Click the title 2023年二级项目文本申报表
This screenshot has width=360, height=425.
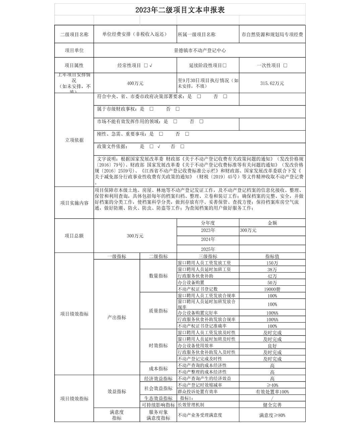click(180, 10)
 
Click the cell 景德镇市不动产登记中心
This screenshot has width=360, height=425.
click(200, 51)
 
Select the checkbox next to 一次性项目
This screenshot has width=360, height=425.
click(285, 66)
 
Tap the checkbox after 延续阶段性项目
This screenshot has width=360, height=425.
click(225, 66)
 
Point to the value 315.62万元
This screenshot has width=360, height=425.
click(272, 83)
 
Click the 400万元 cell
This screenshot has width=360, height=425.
click(135, 83)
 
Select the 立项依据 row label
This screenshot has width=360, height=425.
click(74, 140)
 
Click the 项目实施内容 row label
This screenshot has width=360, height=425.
click(74, 203)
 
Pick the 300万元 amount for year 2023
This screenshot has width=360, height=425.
click(248, 230)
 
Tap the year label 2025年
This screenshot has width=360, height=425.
click(208, 249)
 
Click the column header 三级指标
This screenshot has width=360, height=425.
click(208, 257)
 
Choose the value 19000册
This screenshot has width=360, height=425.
click(272, 289)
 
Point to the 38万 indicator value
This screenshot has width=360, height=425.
click(272, 270)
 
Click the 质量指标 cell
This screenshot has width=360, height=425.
click(158, 311)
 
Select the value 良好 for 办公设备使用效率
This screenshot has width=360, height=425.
click(272, 346)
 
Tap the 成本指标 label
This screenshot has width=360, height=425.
click(158, 369)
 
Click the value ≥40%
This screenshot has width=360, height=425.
click(272, 385)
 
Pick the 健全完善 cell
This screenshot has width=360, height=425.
click(272, 405)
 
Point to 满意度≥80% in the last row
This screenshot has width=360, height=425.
click(272, 415)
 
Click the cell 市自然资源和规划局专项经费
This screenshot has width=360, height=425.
click(272, 34)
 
